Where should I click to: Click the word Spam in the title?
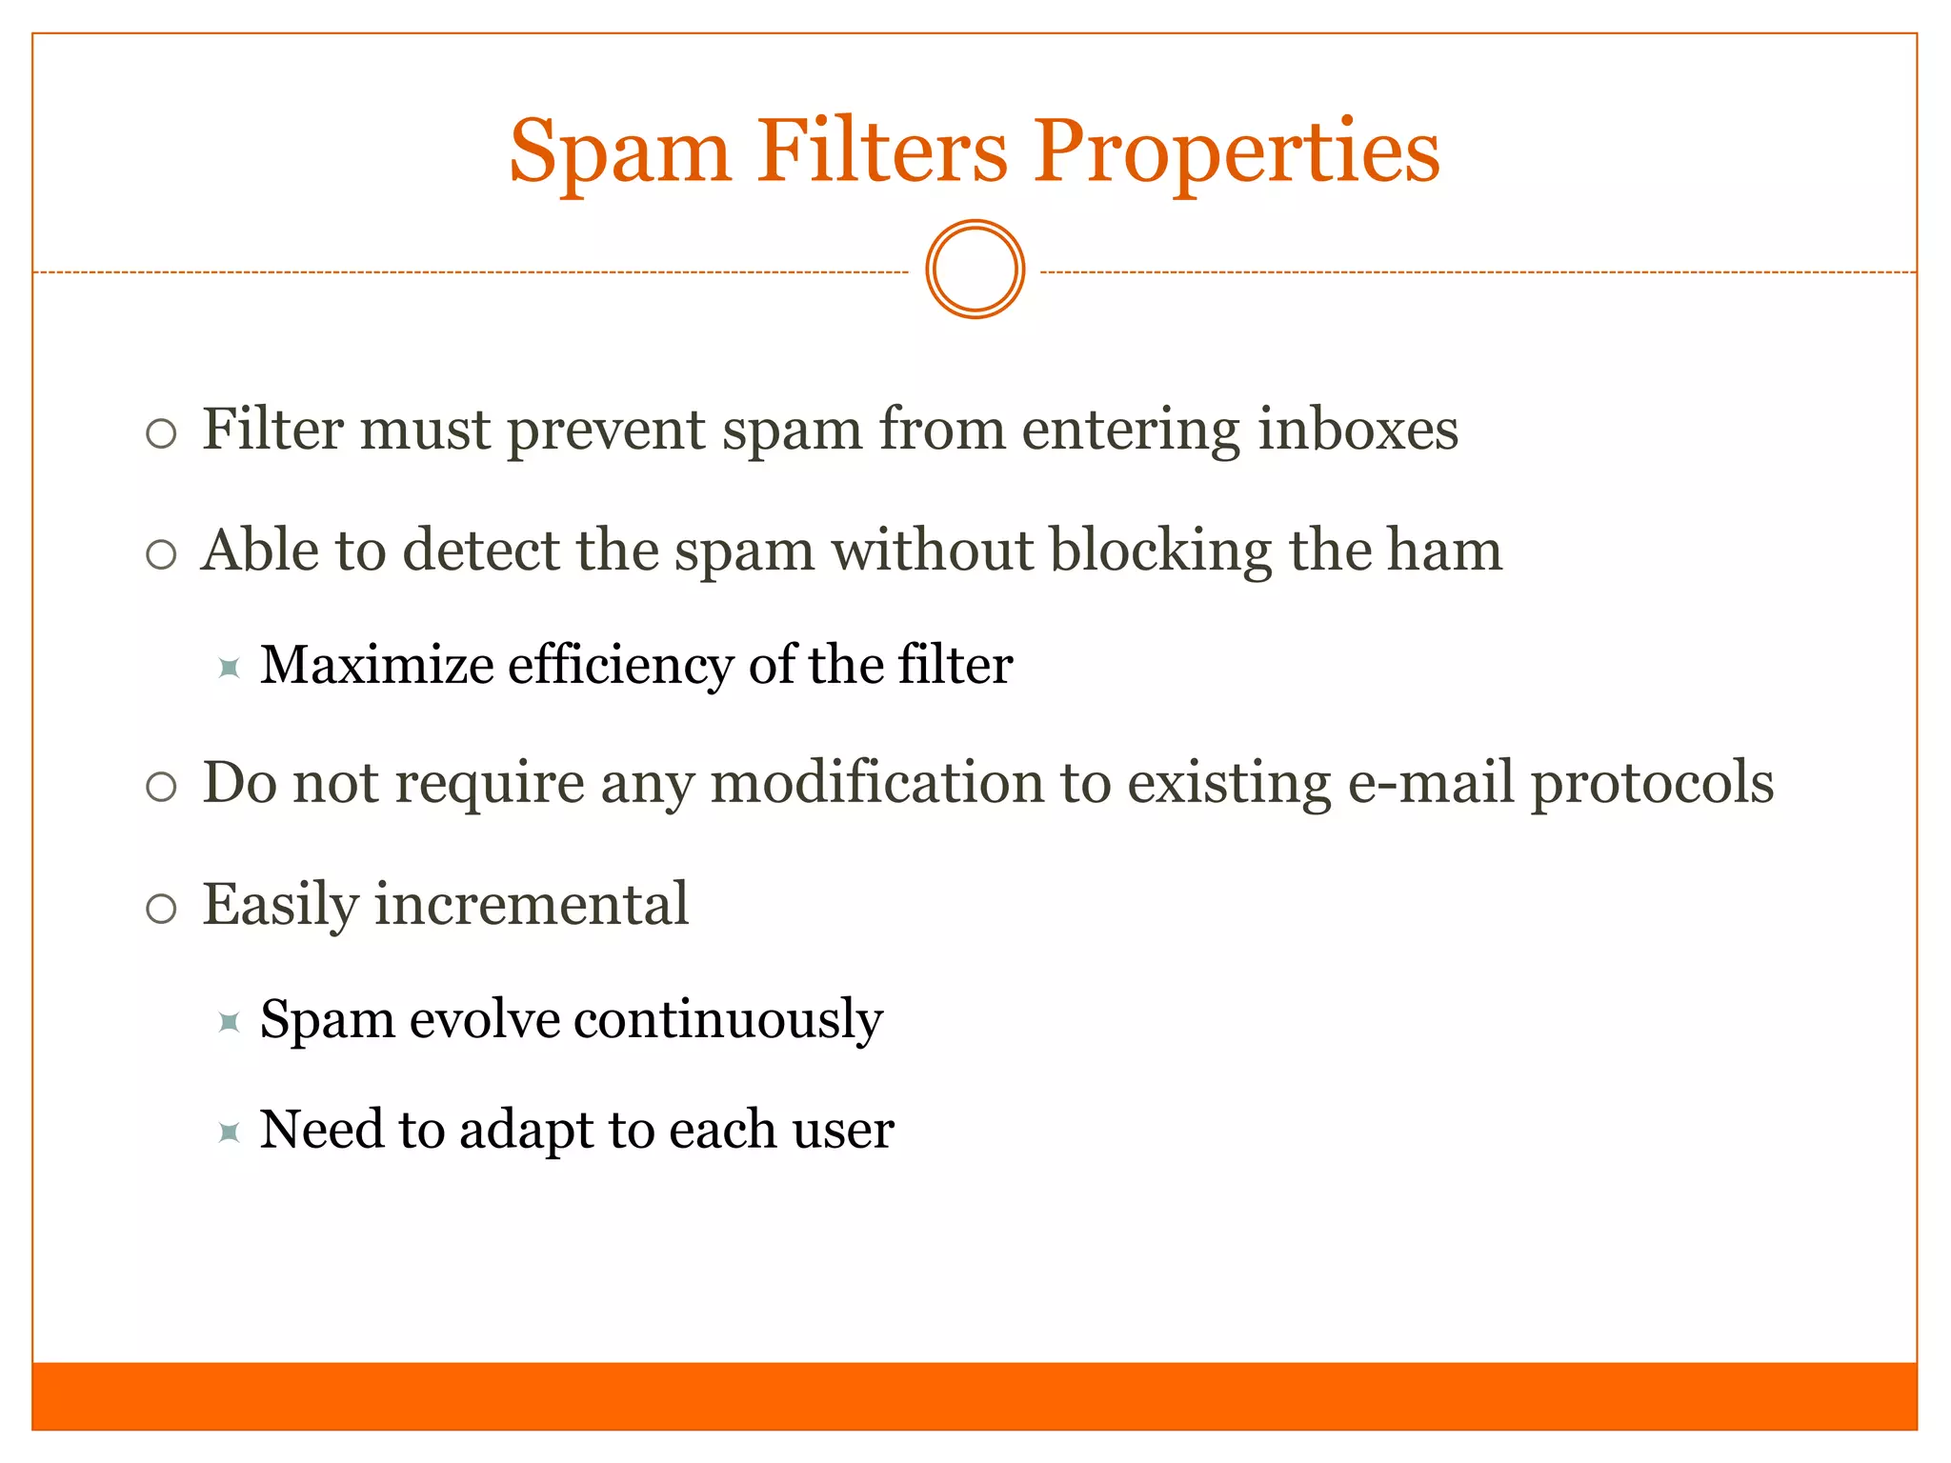click(620, 152)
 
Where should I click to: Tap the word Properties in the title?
click(1237, 152)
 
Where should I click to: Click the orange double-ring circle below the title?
click(975, 270)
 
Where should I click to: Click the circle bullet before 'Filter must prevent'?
click(161, 434)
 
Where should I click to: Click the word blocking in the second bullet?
click(1160, 551)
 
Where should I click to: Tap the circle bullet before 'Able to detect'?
click(161, 554)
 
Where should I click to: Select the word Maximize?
click(376, 665)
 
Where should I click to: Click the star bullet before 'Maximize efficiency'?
click(229, 668)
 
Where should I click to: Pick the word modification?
click(911, 783)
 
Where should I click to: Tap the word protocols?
click(1652, 783)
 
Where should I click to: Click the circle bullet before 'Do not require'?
click(161, 788)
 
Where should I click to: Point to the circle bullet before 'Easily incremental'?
click(161, 909)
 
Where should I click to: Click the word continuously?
click(728, 1020)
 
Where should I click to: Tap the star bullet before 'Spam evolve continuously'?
click(229, 1023)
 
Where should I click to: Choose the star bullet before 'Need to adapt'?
click(229, 1132)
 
